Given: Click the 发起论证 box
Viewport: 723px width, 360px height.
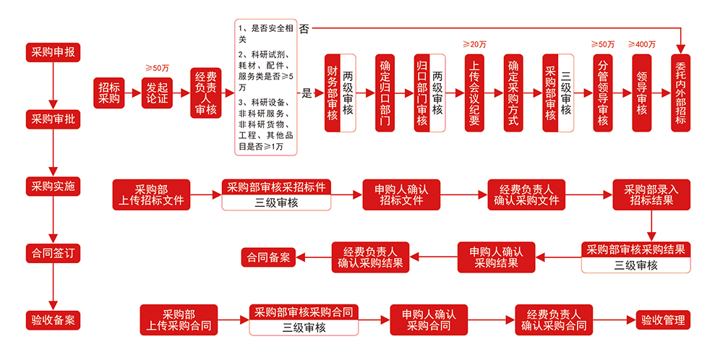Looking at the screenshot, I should [157, 93].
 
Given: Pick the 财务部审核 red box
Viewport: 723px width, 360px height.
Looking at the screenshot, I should [333, 93].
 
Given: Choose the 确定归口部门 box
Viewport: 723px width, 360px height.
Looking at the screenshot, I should [386, 93].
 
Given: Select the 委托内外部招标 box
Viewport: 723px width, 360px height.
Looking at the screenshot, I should [680, 93].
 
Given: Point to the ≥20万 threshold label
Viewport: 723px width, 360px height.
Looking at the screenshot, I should [474, 44].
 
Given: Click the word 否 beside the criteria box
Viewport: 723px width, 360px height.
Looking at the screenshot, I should [304, 29].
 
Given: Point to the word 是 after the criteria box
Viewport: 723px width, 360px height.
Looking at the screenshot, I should [307, 93].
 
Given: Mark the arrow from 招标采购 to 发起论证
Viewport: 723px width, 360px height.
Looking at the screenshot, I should [132, 93].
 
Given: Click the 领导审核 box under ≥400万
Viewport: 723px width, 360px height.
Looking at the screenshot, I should [641, 93].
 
